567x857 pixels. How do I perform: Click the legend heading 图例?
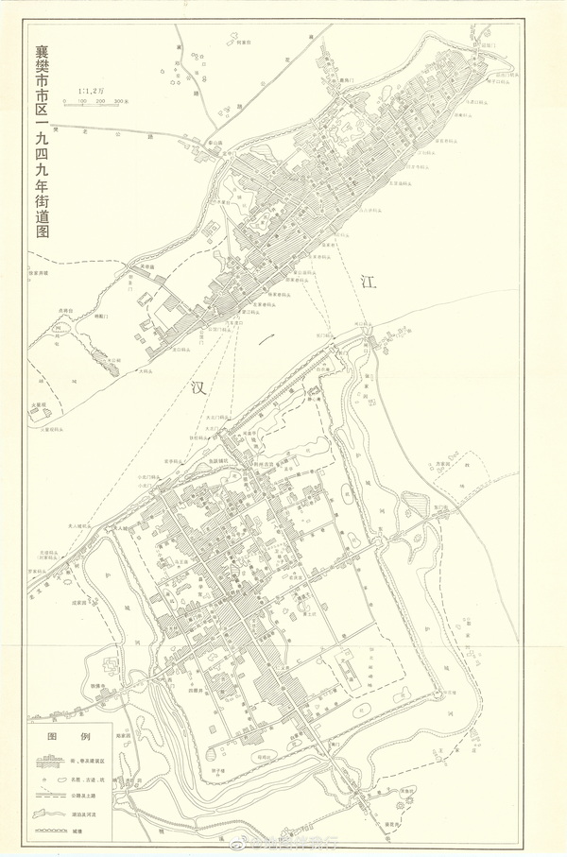[x=71, y=735]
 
